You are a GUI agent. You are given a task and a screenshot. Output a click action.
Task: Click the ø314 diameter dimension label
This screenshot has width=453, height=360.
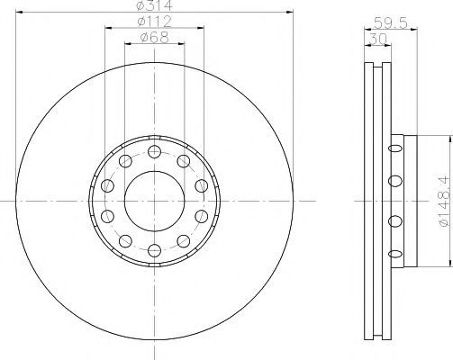pos(155,5)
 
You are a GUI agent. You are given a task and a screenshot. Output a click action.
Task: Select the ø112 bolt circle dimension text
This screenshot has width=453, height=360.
pos(155,22)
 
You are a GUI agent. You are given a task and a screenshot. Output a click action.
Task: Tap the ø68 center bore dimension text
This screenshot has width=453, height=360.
pos(155,38)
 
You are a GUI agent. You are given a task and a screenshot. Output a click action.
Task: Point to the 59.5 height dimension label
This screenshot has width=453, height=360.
pos(391,22)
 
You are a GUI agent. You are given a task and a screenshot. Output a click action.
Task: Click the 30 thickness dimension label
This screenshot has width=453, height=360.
pos(377,40)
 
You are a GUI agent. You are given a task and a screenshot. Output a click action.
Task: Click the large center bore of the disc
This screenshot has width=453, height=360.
pos(155,201)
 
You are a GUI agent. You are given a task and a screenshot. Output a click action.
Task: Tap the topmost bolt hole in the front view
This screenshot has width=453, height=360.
pos(155,152)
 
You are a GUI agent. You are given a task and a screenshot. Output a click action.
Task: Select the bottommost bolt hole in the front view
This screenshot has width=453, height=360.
pos(155,250)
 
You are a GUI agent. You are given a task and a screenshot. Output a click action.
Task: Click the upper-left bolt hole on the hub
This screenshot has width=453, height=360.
pos(125,161)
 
